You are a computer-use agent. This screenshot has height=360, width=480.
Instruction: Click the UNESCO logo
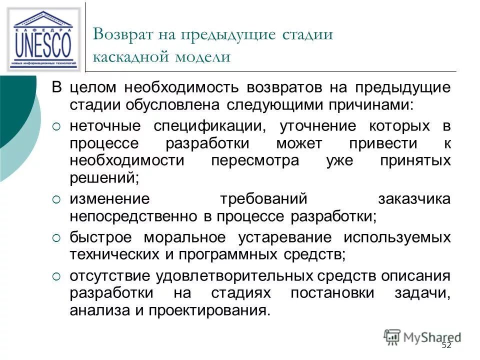tap(43, 39)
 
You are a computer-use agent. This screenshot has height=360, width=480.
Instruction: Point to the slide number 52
tap(446, 345)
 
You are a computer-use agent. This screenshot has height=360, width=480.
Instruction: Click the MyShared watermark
tap(422, 336)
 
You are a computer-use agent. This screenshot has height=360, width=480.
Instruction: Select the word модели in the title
tap(202, 56)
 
